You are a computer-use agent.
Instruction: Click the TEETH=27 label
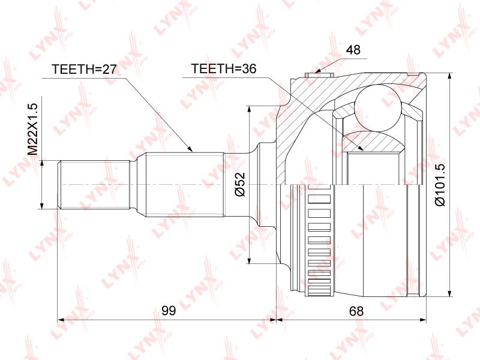point(84,70)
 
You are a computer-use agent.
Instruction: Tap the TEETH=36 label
point(223,69)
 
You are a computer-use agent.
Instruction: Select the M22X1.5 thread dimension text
point(32,129)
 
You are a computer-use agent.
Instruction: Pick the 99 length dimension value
point(169,311)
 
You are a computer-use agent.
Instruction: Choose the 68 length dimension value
point(356,311)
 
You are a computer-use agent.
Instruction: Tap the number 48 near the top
point(353,50)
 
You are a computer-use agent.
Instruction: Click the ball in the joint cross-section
point(378,109)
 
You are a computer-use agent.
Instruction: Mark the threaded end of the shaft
point(94,185)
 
